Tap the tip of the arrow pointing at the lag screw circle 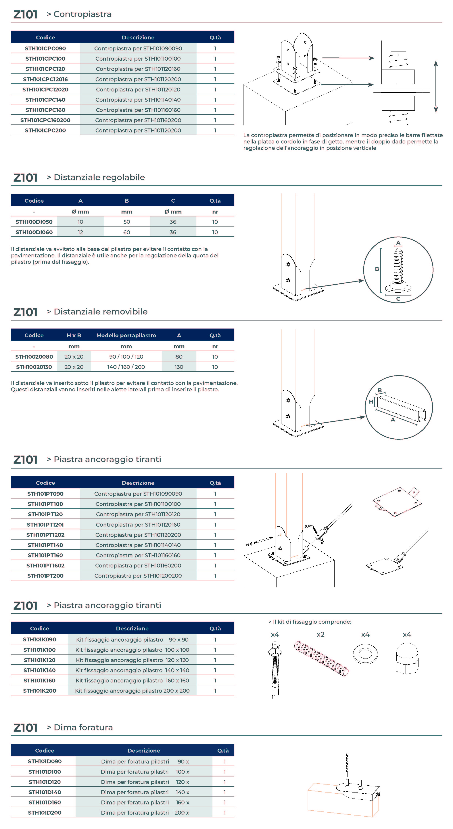[x=364, y=280]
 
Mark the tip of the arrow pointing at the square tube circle [x=366, y=417]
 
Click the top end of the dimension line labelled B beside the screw [x=381, y=248]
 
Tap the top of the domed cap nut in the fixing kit [x=407, y=643]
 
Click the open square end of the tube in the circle [x=422, y=416]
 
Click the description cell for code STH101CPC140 [x=138, y=100]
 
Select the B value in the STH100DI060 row [x=127, y=232]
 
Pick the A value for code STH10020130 [x=179, y=367]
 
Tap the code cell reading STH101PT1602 [x=45, y=565]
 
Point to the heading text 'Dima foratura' [x=83, y=727]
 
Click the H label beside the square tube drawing [x=371, y=402]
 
